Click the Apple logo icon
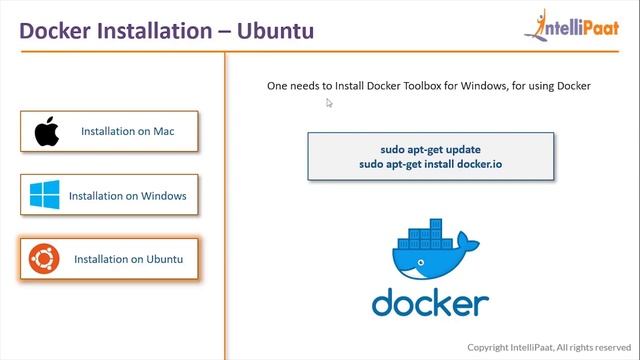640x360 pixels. point(46,131)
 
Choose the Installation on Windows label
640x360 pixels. point(134,195)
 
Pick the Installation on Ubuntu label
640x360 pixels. point(129,259)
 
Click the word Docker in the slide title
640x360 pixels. point(57,30)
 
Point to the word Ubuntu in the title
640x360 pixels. point(274,30)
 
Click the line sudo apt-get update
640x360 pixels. point(430,149)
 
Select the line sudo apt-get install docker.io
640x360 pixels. point(430,162)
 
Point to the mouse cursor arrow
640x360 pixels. point(329,102)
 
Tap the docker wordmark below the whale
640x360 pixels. point(430,302)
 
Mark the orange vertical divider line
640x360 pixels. point(224,200)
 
